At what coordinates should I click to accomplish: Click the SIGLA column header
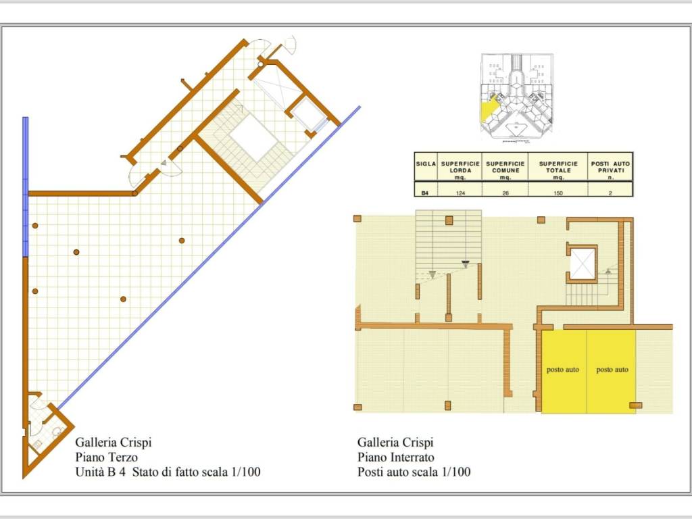click(x=426, y=164)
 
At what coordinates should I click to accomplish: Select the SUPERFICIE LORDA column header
click(x=460, y=170)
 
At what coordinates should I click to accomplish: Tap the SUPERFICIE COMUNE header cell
click(x=505, y=170)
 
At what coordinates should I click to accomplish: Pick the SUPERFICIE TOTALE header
click(x=558, y=170)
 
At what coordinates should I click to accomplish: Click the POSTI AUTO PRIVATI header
click(x=610, y=170)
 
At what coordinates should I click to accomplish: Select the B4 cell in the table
click(x=425, y=193)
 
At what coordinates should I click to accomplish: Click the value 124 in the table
click(x=460, y=193)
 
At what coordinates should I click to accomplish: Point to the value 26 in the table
click(x=505, y=193)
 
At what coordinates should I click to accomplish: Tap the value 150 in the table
click(x=558, y=193)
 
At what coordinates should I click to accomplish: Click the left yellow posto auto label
click(x=563, y=370)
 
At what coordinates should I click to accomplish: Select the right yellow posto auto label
click(x=612, y=370)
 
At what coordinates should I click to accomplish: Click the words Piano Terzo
click(x=106, y=458)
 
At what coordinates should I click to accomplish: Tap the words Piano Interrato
click(x=396, y=458)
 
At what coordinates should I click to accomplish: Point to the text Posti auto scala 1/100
click(x=414, y=472)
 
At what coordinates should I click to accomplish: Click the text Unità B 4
click(x=100, y=472)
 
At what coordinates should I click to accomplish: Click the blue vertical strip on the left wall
click(x=26, y=187)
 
